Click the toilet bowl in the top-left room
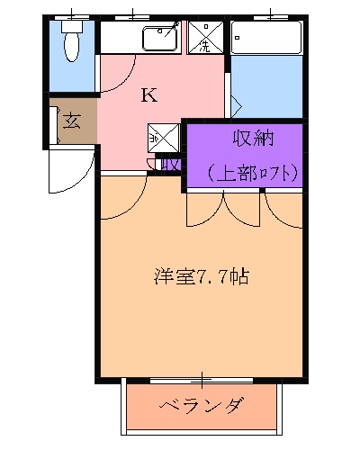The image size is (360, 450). click(x=70, y=44)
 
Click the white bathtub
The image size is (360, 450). click(x=265, y=39)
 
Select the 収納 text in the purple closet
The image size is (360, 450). click(x=253, y=139)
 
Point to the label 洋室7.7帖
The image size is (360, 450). click(x=200, y=276)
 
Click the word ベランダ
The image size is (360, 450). click(x=202, y=406)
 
